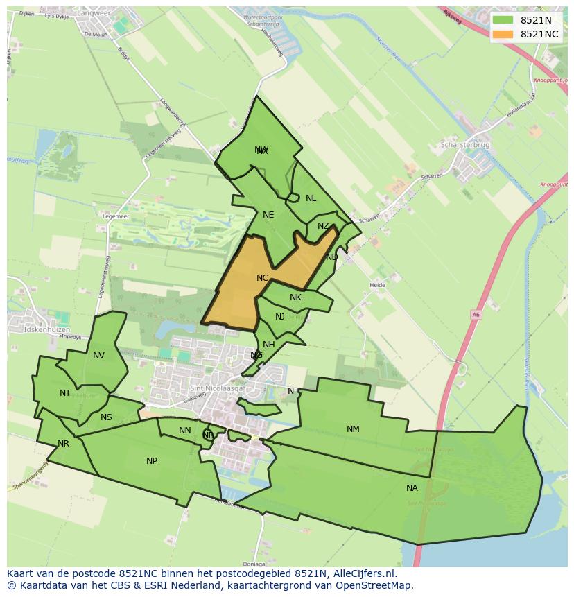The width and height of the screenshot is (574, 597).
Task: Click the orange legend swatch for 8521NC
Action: coord(504,34)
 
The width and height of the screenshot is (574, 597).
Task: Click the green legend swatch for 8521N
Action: coord(504,20)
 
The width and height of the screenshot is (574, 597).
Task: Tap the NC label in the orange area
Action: coord(262,278)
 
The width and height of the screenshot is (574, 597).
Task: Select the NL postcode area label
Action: coord(311,198)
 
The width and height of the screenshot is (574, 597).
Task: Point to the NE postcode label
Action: coord(268,215)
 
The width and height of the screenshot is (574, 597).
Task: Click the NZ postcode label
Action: coord(323,226)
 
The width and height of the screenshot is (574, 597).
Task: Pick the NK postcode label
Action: coord(295,297)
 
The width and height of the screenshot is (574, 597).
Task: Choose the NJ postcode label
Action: coord(280,317)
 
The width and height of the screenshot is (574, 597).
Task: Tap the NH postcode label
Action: coord(269,345)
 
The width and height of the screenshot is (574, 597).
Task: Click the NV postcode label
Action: coord(98,356)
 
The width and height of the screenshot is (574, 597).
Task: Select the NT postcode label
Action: coord(65,393)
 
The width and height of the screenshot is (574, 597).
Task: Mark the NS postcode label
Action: coord(106,417)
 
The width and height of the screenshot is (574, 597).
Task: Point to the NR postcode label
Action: coord(64,444)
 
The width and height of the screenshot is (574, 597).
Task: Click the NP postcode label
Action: coord(152,461)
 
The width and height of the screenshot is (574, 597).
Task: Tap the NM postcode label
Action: coord(353,429)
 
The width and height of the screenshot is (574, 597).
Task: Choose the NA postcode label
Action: coord(412,488)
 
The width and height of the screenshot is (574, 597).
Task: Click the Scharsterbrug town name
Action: coord(465,145)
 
